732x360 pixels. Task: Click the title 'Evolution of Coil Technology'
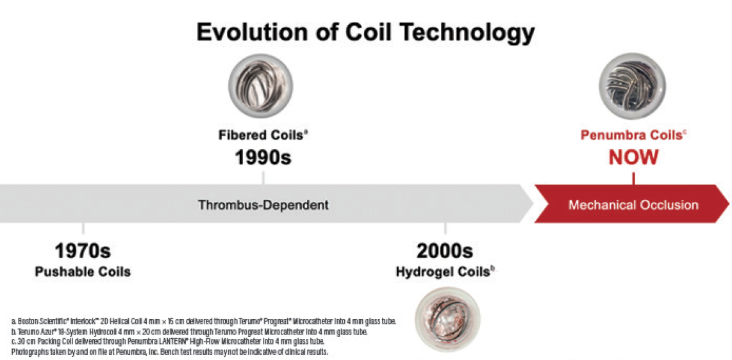tap(365, 32)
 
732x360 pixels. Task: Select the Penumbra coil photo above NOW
tap(632, 86)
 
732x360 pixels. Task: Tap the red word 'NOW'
tap(633, 157)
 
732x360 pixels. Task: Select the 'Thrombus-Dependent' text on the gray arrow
tap(263, 205)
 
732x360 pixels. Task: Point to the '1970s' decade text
tap(83, 250)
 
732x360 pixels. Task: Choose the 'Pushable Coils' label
tap(83, 272)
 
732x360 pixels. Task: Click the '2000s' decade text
tap(445, 250)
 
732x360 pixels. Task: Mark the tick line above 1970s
tap(83, 229)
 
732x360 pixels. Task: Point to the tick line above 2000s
tap(445, 229)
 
